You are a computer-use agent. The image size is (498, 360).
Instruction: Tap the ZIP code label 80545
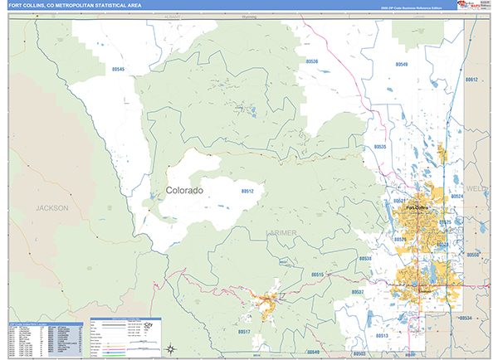(x=116, y=70)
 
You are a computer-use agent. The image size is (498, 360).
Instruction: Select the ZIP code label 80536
(x=311, y=61)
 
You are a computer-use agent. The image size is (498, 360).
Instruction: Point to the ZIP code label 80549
(x=402, y=64)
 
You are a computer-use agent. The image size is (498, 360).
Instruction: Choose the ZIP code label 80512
(x=247, y=191)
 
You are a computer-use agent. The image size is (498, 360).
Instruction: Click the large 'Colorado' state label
(x=184, y=190)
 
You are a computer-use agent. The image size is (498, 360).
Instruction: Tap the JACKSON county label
(x=51, y=208)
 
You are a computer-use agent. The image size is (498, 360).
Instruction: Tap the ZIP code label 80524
(x=456, y=196)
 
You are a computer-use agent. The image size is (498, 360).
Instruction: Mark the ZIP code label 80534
(x=465, y=318)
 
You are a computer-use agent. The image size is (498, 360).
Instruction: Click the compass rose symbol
(x=170, y=348)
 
